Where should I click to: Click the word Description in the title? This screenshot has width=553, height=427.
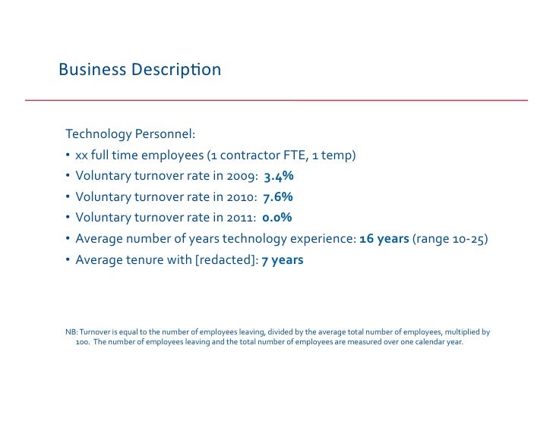pos(175,71)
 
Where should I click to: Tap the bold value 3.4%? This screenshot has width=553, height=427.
pos(279,177)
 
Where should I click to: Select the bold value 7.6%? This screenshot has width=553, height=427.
pos(278,197)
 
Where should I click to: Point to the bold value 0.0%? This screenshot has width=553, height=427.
pos(277,218)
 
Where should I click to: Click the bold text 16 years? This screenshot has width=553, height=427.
pos(384,239)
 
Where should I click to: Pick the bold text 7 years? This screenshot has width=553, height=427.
pos(283,260)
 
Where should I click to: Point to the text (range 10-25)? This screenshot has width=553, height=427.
pos(450,239)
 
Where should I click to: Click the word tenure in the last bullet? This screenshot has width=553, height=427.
pos(144,260)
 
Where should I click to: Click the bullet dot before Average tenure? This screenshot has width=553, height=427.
pos(68,260)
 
